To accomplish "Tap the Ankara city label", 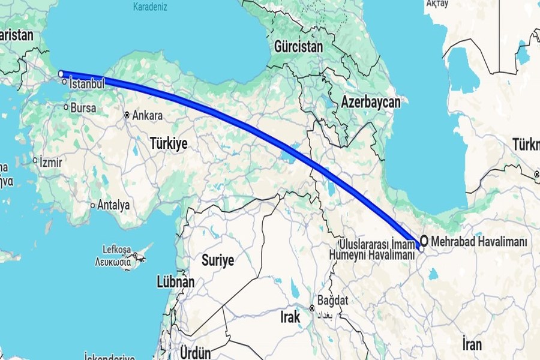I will coord(148,115).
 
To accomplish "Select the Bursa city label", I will coord(84,108).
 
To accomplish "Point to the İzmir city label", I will coord(51,161).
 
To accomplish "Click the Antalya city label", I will coord(114,205).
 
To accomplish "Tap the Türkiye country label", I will coord(169,143).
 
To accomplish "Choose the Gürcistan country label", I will coord(298,46).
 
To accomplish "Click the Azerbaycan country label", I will coord(371,103).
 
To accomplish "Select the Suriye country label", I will coord(217,261).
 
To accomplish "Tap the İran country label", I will coord(472,344).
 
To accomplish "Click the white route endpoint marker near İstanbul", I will coord(61,74).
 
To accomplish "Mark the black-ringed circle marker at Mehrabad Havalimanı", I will coord(424,241).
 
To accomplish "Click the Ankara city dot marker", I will coord(127,115).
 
